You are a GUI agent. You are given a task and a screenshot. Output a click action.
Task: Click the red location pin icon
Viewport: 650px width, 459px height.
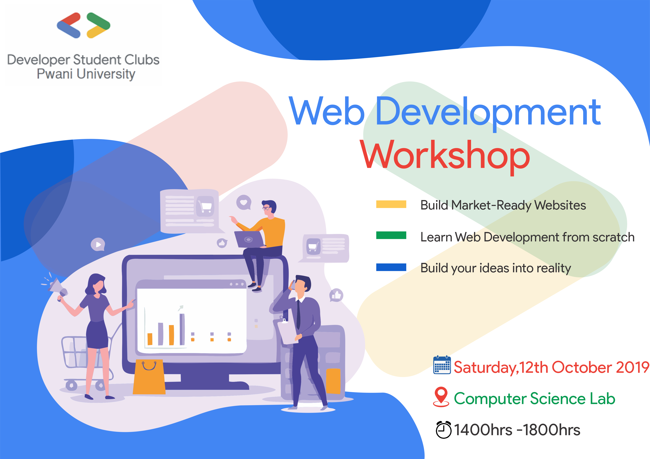(441, 396)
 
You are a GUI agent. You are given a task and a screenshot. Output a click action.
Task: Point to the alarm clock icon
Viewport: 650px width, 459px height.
(443, 430)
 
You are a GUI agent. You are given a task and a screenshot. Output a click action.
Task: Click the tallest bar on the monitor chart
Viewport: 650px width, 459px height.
(182, 329)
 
